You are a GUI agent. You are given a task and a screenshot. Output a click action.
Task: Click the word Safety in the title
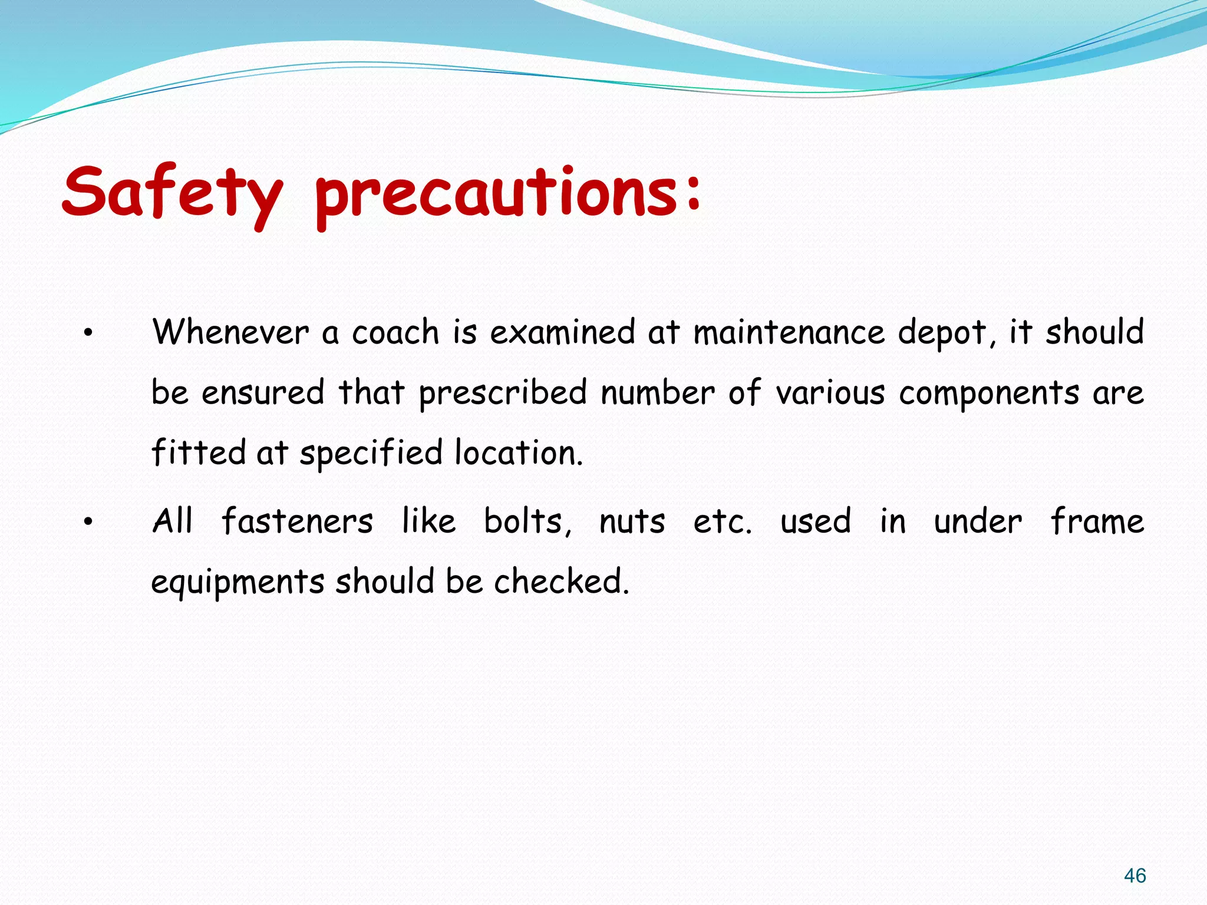(172, 192)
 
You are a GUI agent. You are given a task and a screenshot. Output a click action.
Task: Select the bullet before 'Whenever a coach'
(88, 333)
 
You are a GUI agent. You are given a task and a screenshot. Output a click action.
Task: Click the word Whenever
(230, 332)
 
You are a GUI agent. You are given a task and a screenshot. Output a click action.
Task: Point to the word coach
(395, 332)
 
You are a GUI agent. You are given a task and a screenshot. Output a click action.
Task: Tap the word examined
(562, 332)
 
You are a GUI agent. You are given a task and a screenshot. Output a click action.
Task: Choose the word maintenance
(789, 332)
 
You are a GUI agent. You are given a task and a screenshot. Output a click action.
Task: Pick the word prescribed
(503, 394)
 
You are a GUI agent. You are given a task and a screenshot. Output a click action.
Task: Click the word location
(518, 453)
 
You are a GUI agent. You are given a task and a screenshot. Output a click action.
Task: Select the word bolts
(526, 521)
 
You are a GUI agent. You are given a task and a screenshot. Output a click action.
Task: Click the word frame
(1097, 521)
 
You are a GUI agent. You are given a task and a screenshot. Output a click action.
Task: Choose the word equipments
(238, 583)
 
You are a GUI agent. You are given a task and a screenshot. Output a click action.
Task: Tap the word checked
(560, 582)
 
